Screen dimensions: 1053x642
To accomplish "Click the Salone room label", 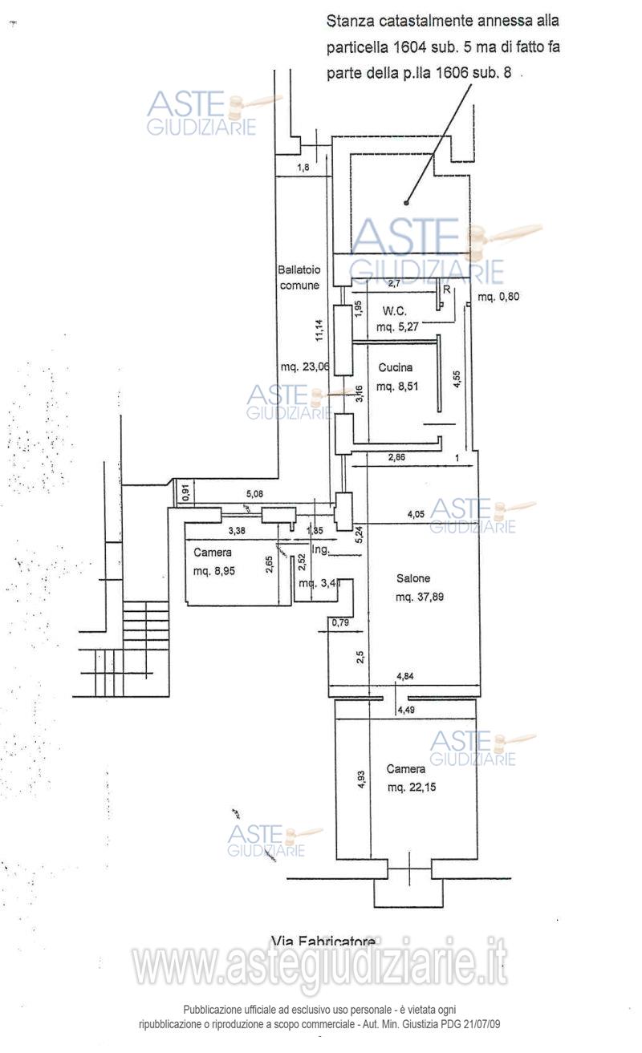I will point(412,578).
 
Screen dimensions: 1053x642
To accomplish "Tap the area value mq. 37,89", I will point(421,597).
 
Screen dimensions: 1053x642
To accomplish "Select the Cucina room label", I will point(396,368).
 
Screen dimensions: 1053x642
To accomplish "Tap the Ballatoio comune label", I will point(299,277).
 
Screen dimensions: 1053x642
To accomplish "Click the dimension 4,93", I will point(361,780).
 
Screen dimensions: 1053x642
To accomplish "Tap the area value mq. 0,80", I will point(498,297).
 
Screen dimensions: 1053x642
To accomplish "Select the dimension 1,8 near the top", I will point(303,168).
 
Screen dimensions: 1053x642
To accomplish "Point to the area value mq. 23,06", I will point(305,367).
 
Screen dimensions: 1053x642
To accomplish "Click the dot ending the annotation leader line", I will point(406,202).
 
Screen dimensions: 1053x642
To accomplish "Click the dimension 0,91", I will point(185,492).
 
